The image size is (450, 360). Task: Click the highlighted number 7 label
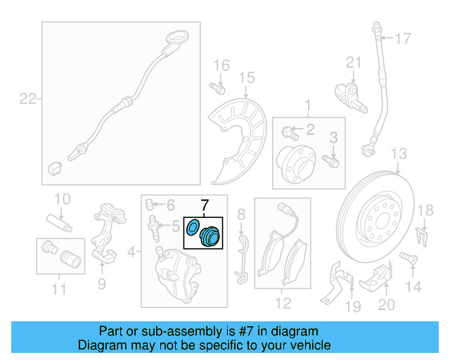pyautogui.click(x=204, y=206)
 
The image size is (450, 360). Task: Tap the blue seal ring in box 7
pyautogui.click(x=192, y=227)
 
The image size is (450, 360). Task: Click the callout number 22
pyautogui.click(x=27, y=99)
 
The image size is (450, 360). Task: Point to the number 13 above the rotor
pyautogui.click(x=399, y=154)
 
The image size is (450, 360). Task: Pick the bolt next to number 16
pyautogui.click(x=217, y=89)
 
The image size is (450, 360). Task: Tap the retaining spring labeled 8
pyautogui.click(x=241, y=257)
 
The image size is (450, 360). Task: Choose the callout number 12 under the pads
pyautogui.click(x=282, y=304)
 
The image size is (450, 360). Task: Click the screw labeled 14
pyautogui.click(x=406, y=259)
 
